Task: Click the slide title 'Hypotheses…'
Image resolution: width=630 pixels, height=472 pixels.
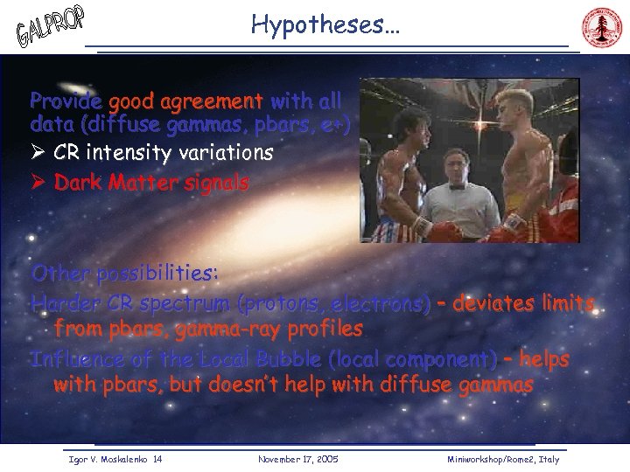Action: (x=325, y=24)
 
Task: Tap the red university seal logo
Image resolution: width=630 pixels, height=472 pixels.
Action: (x=600, y=29)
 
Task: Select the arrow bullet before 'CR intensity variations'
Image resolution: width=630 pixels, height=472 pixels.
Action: (x=38, y=154)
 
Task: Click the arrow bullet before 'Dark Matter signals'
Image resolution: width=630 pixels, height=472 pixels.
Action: (x=38, y=184)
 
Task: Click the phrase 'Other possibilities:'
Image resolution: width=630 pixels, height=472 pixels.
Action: (x=124, y=274)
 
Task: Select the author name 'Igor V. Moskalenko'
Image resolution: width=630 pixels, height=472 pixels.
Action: (x=105, y=459)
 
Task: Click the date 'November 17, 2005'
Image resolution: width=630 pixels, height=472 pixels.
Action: (x=298, y=459)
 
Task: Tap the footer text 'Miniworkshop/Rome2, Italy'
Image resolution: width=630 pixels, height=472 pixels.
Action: (x=502, y=459)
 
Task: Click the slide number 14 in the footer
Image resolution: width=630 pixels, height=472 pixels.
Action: (x=157, y=459)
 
